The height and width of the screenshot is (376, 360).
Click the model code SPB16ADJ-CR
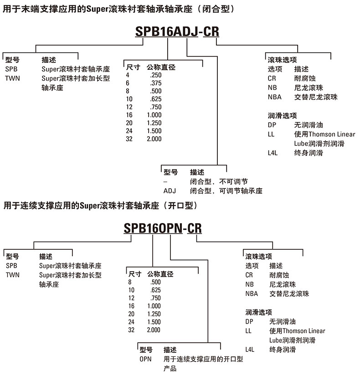[177, 31]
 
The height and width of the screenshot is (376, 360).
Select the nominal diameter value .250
[155, 75]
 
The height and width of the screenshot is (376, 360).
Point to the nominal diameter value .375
[155, 83]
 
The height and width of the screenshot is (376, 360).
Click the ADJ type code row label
[170, 191]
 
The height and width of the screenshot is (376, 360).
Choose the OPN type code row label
[145, 359]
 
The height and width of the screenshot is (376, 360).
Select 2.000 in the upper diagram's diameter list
[154, 139]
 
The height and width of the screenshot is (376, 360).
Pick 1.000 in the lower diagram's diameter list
[154, 306]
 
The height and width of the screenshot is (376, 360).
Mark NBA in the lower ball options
[252, 294]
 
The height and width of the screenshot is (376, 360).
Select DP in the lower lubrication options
[249, 321]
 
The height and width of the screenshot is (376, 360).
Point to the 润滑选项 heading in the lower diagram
[259, 312]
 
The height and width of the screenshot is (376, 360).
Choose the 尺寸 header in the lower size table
[135, 274]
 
